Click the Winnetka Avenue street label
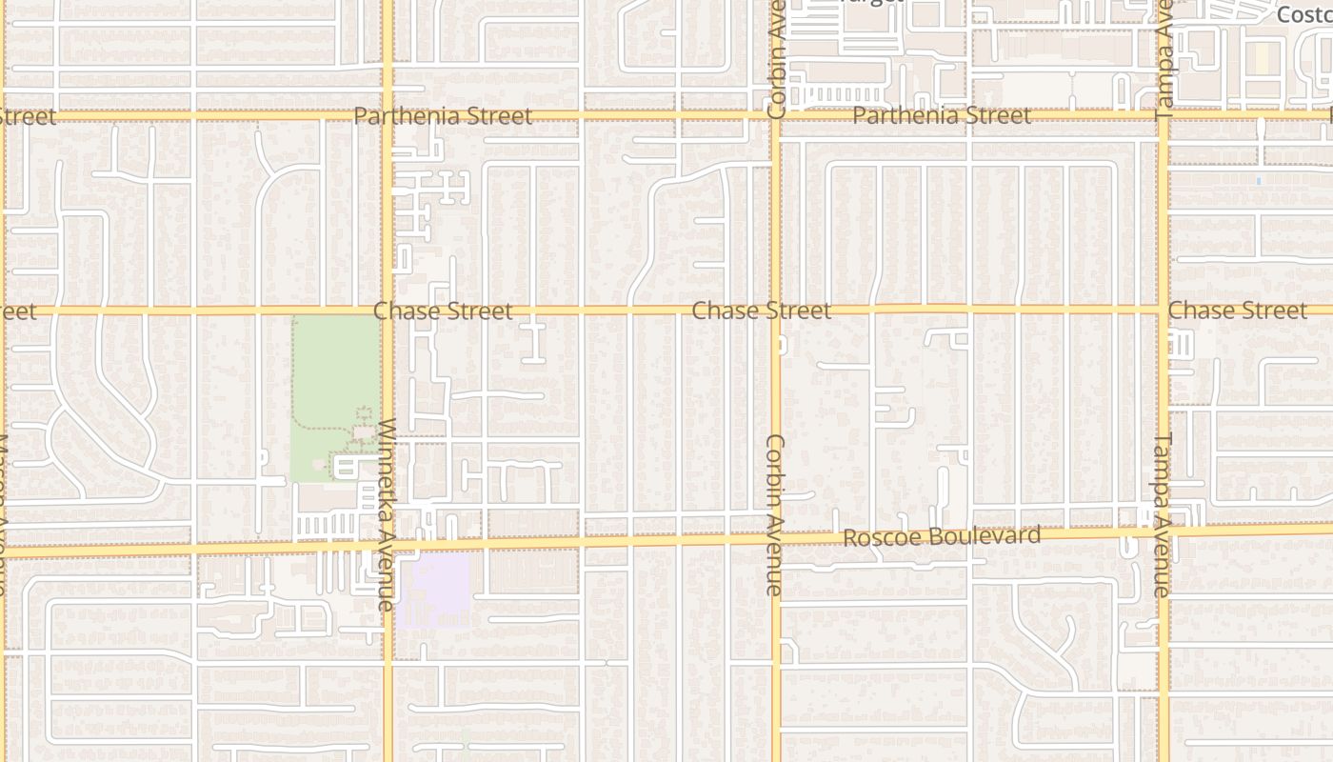[386, 514]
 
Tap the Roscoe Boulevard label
[942, 536]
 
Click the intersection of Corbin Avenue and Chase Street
[776, 310]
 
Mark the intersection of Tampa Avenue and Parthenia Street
[1164, 114]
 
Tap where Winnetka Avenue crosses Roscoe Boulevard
[388, 546]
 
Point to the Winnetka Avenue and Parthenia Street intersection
[388, 115]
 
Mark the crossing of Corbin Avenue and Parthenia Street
[776, 115]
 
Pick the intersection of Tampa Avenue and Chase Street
[1164, 310]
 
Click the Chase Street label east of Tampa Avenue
[1237, 311]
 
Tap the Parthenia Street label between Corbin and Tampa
[942, 115]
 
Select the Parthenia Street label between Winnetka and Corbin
[443, 116]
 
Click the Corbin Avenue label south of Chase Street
[775, 514]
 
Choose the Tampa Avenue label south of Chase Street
[1163, 514]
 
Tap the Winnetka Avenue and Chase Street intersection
[388, 311]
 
